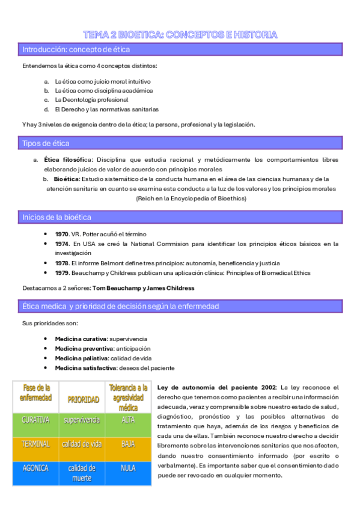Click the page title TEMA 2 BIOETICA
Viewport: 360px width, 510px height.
click(180, 35)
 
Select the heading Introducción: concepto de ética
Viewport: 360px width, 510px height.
click(76, 49)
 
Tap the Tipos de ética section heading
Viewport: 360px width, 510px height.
click(46, 143)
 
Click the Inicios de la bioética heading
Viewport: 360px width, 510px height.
click(56, 217)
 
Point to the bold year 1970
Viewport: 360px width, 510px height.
click(62, 234)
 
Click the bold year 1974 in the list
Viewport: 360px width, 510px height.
click(62, 244)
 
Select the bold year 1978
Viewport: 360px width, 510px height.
click(62, 263)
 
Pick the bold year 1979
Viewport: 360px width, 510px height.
click(62, 272)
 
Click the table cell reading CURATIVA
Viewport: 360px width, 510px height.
click(35, 419)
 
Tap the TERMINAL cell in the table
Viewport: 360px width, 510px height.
click(35, 444)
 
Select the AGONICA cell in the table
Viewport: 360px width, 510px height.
click(35, 469)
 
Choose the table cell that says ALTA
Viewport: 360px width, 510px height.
click(128, 419)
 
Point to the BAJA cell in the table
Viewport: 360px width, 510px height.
click(128, 444)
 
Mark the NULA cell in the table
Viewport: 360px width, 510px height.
click(128, 469)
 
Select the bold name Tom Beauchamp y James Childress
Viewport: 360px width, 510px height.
click(156, 289)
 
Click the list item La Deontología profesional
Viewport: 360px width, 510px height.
click(91, 99)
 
